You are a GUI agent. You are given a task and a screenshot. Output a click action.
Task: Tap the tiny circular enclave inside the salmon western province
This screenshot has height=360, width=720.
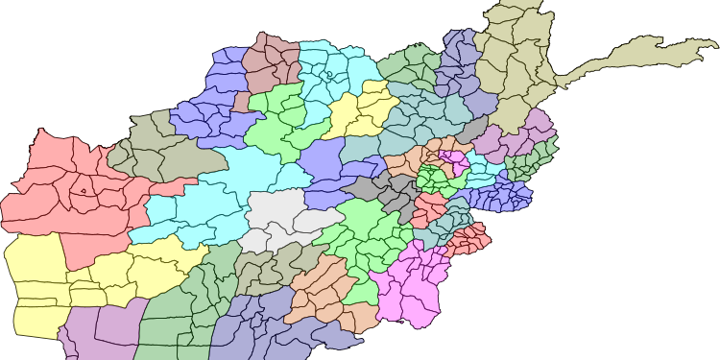(84, 190)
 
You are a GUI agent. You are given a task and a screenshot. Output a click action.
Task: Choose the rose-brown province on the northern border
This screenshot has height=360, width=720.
(273, 61)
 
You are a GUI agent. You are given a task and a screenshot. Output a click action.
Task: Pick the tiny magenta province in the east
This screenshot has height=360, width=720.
(452, 158)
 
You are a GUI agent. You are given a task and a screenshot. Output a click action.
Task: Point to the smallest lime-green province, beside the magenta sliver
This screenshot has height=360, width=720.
(437, 178)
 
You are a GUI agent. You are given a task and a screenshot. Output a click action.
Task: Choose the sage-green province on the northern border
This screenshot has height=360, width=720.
(408, 67)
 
